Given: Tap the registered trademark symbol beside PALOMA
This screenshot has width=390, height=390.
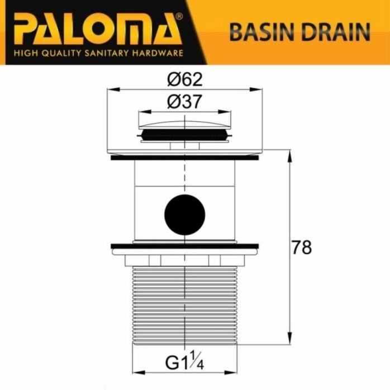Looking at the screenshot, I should click(x=178, y=17).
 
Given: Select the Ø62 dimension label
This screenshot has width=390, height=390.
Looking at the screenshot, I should click(x=184, y=80).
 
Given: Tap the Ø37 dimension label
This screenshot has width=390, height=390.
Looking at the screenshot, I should click(x=184, y=102).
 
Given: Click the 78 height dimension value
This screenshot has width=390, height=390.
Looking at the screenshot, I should click(x=302, y=247).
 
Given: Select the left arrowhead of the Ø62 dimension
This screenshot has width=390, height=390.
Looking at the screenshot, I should click(x=110, y=88).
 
